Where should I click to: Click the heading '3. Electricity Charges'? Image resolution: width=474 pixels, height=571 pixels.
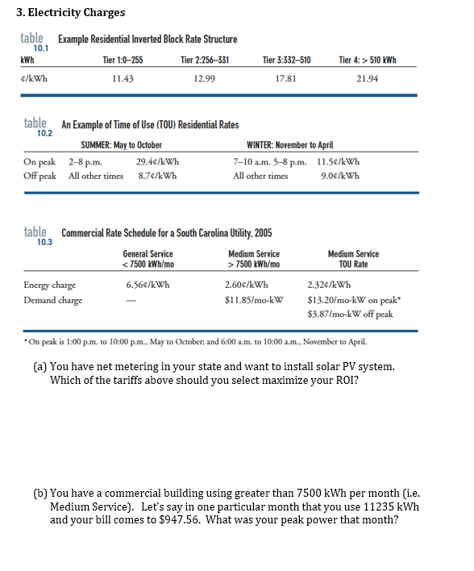pyautogui.click(x=72, y=12)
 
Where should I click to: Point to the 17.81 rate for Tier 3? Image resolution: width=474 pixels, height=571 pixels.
pyautogui.click(x=286, y=78)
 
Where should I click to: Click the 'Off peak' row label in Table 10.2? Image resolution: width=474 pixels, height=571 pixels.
pyautogui.click(x=39, y=175)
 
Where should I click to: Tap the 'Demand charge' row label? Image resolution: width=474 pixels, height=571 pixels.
pyautogui.click(x=53, y=299)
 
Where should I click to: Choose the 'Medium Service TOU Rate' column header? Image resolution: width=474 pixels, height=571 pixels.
pyautogui.click(x=353, y=259)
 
